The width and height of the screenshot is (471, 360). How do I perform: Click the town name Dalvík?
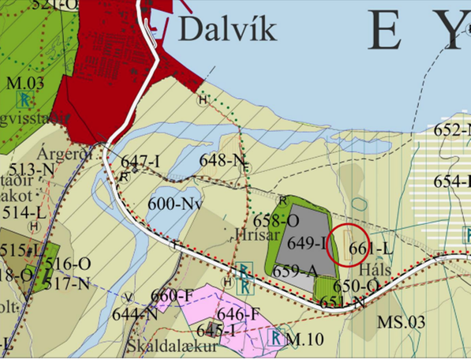[x=228, y=29]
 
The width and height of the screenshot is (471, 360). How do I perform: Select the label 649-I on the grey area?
[x=308, y=242]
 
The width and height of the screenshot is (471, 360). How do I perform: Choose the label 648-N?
[x=224, y=160]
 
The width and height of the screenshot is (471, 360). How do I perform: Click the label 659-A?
[x=295, y=271]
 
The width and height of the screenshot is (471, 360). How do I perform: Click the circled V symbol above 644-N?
[x=129, y=297]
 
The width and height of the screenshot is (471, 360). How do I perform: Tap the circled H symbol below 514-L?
[x=33, y=226]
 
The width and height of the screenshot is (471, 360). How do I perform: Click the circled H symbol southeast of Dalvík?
[x=204, y=100]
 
